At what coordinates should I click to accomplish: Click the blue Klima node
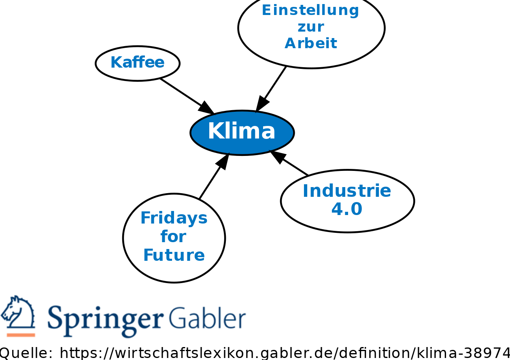[x=242, y=132]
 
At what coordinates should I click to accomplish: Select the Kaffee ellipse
[x=138, y=63]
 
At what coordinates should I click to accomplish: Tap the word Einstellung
[x=310, y=10]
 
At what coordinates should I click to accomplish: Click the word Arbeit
[x=311, y=43]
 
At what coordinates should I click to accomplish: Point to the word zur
[x=311, y=27]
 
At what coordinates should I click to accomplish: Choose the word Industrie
[x=347, y=191]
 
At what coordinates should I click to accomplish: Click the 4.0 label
[x=346, y=209]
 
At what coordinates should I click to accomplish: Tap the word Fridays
[x=174, y=218]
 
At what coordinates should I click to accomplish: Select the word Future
[x=174, y=255]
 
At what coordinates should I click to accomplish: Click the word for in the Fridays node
[x=173, y=236]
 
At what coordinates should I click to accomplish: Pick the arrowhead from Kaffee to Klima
[x=206, y=108]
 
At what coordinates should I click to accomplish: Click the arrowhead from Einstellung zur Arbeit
[x=261, y=104]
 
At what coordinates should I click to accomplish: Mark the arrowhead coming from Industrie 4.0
[x=277, y=156]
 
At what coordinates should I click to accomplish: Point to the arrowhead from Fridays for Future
[x=223, y=160]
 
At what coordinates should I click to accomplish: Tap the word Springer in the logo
[x=105, y=318]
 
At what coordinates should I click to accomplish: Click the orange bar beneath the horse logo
[x=21, y=334]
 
